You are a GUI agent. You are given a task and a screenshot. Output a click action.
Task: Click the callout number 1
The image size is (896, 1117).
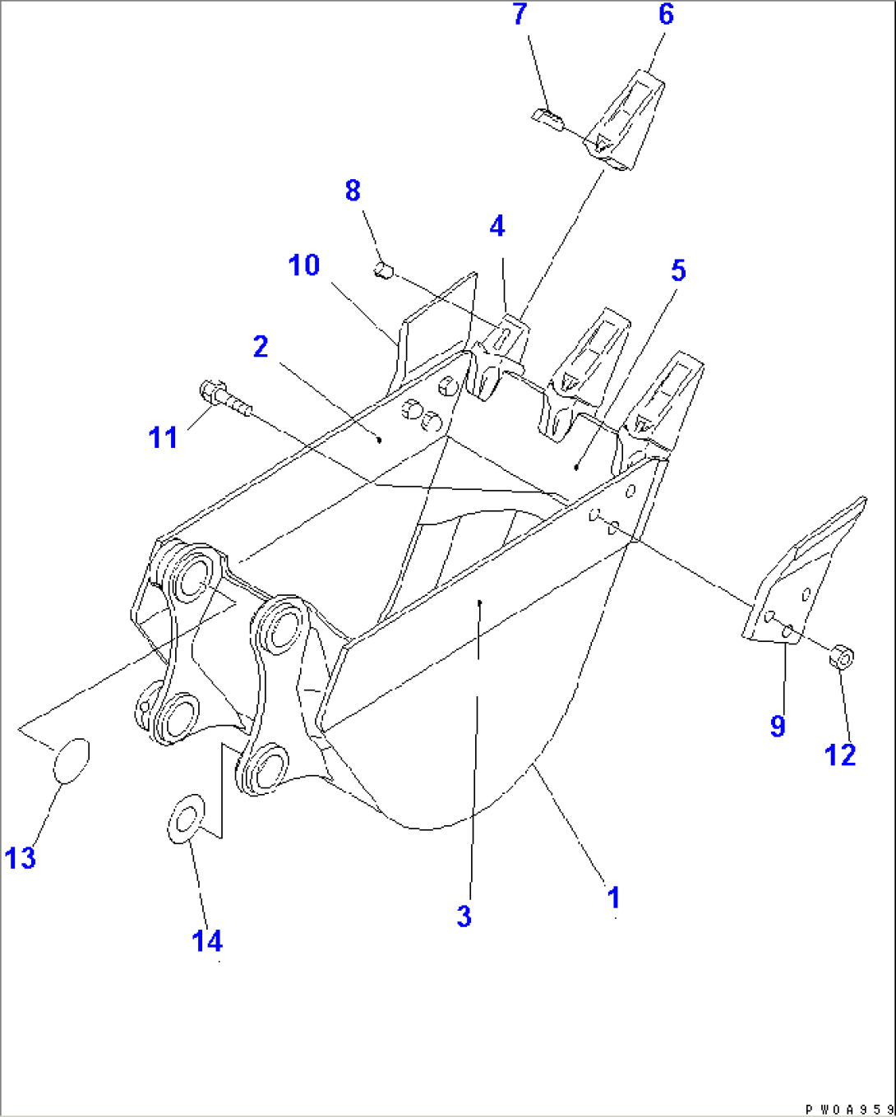pyautogui.click(x=613, y=897)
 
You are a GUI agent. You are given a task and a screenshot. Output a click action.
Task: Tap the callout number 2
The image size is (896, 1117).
pyautogui.click(x=261, y=346)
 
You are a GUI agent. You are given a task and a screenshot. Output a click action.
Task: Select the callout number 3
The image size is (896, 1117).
pyautogui.click(x=464, y=916)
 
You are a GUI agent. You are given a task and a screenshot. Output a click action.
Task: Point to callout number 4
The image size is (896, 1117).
pyautogui.click(x=497, y=227)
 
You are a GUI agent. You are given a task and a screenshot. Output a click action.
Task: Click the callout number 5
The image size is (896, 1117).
pyautogui.click(x=678, y=270)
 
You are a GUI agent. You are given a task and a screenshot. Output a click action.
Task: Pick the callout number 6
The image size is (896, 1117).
pyautogui.click(x=666, y=15)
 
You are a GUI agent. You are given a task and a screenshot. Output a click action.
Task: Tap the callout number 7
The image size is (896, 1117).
pyautogui.click(x=520, y=15)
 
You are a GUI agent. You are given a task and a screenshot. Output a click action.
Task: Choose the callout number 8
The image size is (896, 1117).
pyautogui.click(x=353, y=191)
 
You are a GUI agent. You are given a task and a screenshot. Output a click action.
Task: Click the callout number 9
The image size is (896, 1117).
pyautogui.click(x=778, y=726)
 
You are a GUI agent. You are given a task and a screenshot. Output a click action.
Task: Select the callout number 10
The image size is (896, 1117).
pyautogui.click(x=303, y=265)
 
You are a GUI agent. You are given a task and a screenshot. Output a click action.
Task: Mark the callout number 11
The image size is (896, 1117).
pyautogui.click(x=163, y=437)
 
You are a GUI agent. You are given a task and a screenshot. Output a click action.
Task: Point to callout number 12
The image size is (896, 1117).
pyautogui.click(x=840, y=755)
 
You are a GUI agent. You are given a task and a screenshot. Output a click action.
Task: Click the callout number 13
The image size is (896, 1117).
pyautogui.click(x=21, y=858)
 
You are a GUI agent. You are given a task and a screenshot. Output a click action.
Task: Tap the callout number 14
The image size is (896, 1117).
pyautogui.click(x=207, y=940)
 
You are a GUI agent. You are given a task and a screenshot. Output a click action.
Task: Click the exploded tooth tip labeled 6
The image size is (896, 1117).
pyautogui.click(x=626, y=122)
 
